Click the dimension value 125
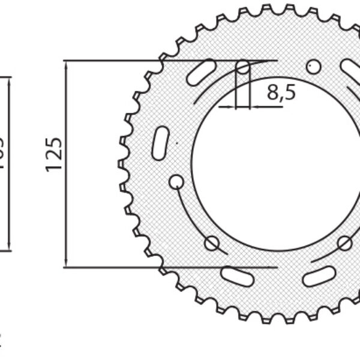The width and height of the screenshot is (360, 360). (x=54, y=154)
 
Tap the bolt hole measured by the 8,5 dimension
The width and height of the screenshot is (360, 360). (x=242, y=68)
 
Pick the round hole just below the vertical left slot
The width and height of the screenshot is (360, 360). (x=176, y=181)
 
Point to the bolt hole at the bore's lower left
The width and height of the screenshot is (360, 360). (x=211, y=243)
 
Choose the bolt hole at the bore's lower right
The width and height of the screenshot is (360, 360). (x=344, y=242)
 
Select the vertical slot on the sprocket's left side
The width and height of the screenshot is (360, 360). (x=160, y=143)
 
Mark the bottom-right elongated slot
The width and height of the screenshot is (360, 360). (x=319, y=276)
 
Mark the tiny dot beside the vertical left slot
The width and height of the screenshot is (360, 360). (x=176, y=143)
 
